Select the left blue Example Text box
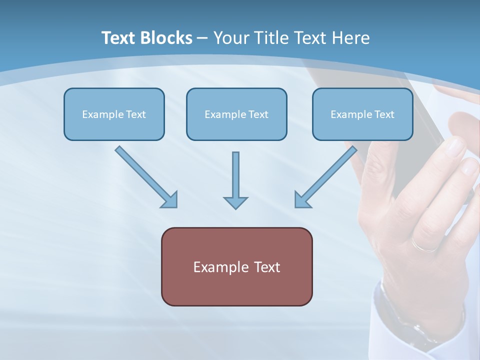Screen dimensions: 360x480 114,114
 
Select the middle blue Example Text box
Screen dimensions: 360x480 236,114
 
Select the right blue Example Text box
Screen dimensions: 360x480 362,114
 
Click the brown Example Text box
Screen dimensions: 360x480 236,266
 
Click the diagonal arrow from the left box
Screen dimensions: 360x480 145,176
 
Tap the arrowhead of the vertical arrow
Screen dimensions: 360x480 235,202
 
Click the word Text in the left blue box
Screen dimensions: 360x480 135,114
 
